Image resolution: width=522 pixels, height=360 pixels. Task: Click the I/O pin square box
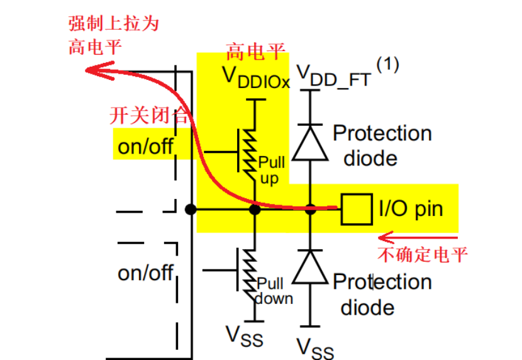(353, 209)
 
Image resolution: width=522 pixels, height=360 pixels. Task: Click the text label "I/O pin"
(411, 208)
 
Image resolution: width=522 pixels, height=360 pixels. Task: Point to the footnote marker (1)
(387, 64)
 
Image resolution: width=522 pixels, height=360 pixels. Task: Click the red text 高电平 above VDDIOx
(255, 50)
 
